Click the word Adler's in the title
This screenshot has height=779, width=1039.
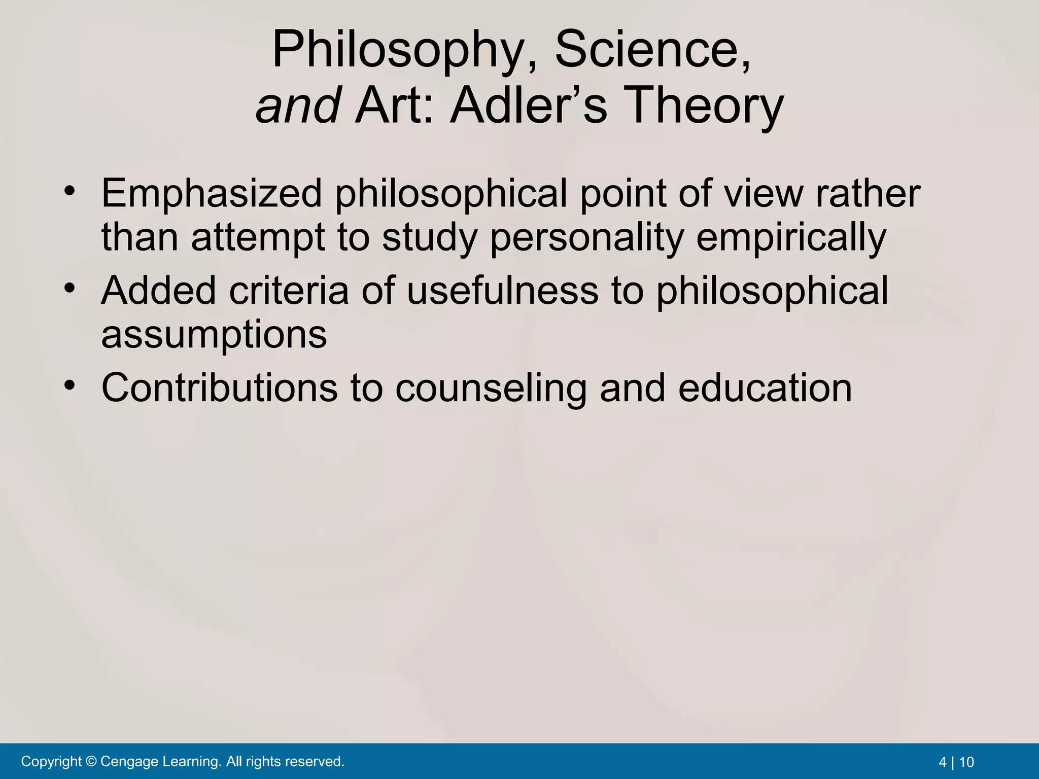click(x=528, y=105)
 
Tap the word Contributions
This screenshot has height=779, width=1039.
click(x=219, y=388)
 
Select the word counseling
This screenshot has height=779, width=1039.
click(x=491, y=388)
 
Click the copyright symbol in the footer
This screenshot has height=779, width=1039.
click(x=91, y=761)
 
